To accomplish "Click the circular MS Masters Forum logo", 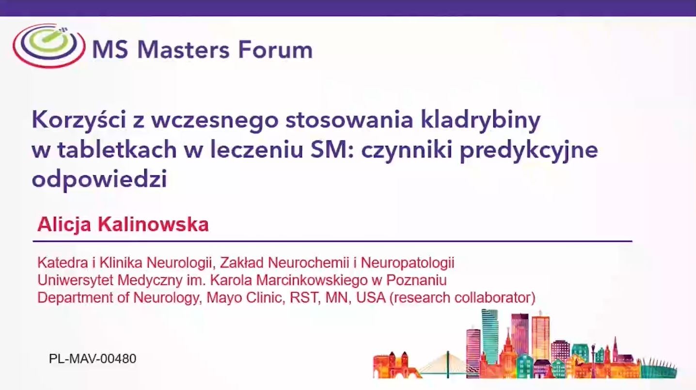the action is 49,46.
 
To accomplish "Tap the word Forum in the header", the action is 275,50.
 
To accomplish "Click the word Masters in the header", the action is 183,50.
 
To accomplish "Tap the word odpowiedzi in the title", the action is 99,179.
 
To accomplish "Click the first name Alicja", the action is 64,225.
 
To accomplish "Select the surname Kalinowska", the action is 153,224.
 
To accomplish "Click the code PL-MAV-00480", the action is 93,359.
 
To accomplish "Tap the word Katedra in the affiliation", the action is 63,263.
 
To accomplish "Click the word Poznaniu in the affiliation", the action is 416,280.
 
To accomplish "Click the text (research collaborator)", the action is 462,297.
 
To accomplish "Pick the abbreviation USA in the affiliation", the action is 371,297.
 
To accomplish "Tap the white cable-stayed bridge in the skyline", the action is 447,365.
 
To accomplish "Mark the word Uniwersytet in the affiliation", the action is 76,281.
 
